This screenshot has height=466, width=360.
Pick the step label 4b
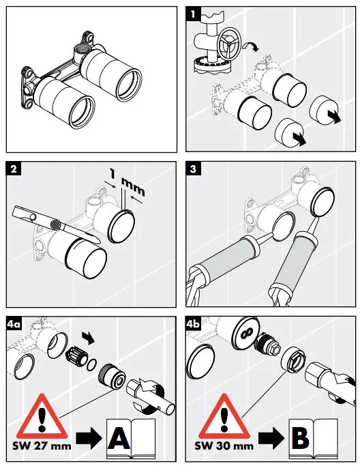pyautogui.click(x=195, y=324)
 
